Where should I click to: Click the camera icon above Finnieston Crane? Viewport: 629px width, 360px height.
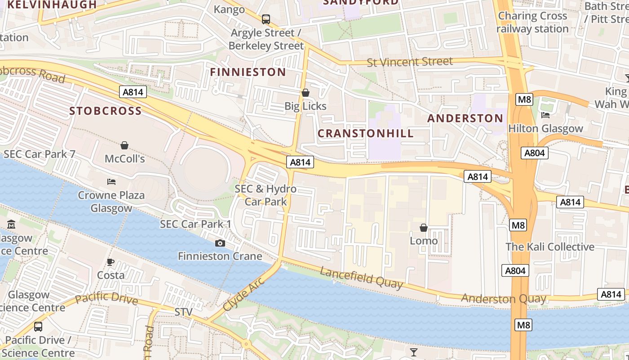pyautogui.click(x=220, y=243)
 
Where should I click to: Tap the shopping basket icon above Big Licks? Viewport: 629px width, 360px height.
pyautogui.click(x=306, y=93)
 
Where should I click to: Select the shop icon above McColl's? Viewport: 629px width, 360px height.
pyautogui.click(x=124, y=145)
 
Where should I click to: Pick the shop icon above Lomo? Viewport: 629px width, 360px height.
pyautogui.click(x=423, y=228)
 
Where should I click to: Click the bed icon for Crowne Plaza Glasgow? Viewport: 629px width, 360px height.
pyautogui.click(x=111, y=182)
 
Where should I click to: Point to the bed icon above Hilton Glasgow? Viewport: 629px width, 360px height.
pyautogui.click(x=545, y=115)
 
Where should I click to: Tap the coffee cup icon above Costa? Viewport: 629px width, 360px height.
pyautogui.click(x=111, y=262)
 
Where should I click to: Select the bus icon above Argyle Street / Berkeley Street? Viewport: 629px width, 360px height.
pyautogui.click(x=266, y=19)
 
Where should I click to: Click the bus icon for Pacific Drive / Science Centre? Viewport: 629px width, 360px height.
pyautogui.click(x=38, y=326)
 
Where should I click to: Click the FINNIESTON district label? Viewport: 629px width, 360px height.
pyautogui.click(x=248, y=72)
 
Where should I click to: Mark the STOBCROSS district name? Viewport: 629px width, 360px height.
pyautogui.click(x=106, y=111)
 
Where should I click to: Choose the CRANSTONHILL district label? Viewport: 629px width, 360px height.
pyautogui.click(x=366, y=133)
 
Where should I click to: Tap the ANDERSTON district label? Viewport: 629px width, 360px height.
pyautogui.click(x=465, y=118)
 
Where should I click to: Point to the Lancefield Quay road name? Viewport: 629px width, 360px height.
pyautogui.click(x=361, y=277)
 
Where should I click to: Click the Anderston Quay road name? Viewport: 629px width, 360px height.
pyautogui.click(x=503, y=298)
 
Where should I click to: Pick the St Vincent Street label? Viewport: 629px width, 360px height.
pyautogui.click(x=410, y=62)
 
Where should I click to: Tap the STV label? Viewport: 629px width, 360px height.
pyautogui.click(x=183, y=312)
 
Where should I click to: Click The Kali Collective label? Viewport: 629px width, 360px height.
pyautogui.click(x=550, y=247)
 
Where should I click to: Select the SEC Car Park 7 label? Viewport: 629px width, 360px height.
pyautogui.click(x=40, y=154)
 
